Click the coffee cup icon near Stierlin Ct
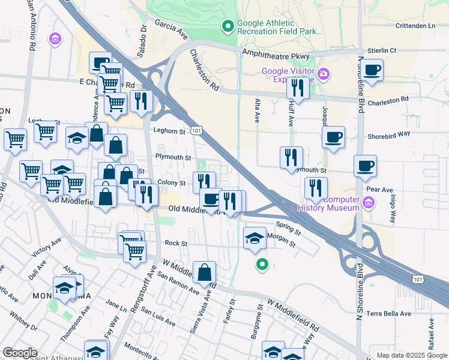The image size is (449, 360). tap(372, 69)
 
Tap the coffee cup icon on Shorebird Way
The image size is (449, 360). tap(333, 136)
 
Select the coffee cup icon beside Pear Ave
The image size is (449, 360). tap(364, 166)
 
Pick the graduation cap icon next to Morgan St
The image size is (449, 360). tap(255, 238)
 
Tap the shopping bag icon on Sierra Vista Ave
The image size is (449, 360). tap(205, 272)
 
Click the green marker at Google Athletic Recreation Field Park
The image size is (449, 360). tap(228, 26)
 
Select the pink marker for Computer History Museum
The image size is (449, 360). tap(369, 203)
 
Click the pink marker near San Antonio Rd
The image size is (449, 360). tap(56, 40)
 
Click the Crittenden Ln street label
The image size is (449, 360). tap(415, 26)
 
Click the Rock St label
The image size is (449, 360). tap(176, 244)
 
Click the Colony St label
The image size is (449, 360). tap(171, 182)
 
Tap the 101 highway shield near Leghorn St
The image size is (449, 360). tap(196, 130)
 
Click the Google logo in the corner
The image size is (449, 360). tap(19, 352)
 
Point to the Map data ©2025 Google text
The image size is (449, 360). tap(411, 355)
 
